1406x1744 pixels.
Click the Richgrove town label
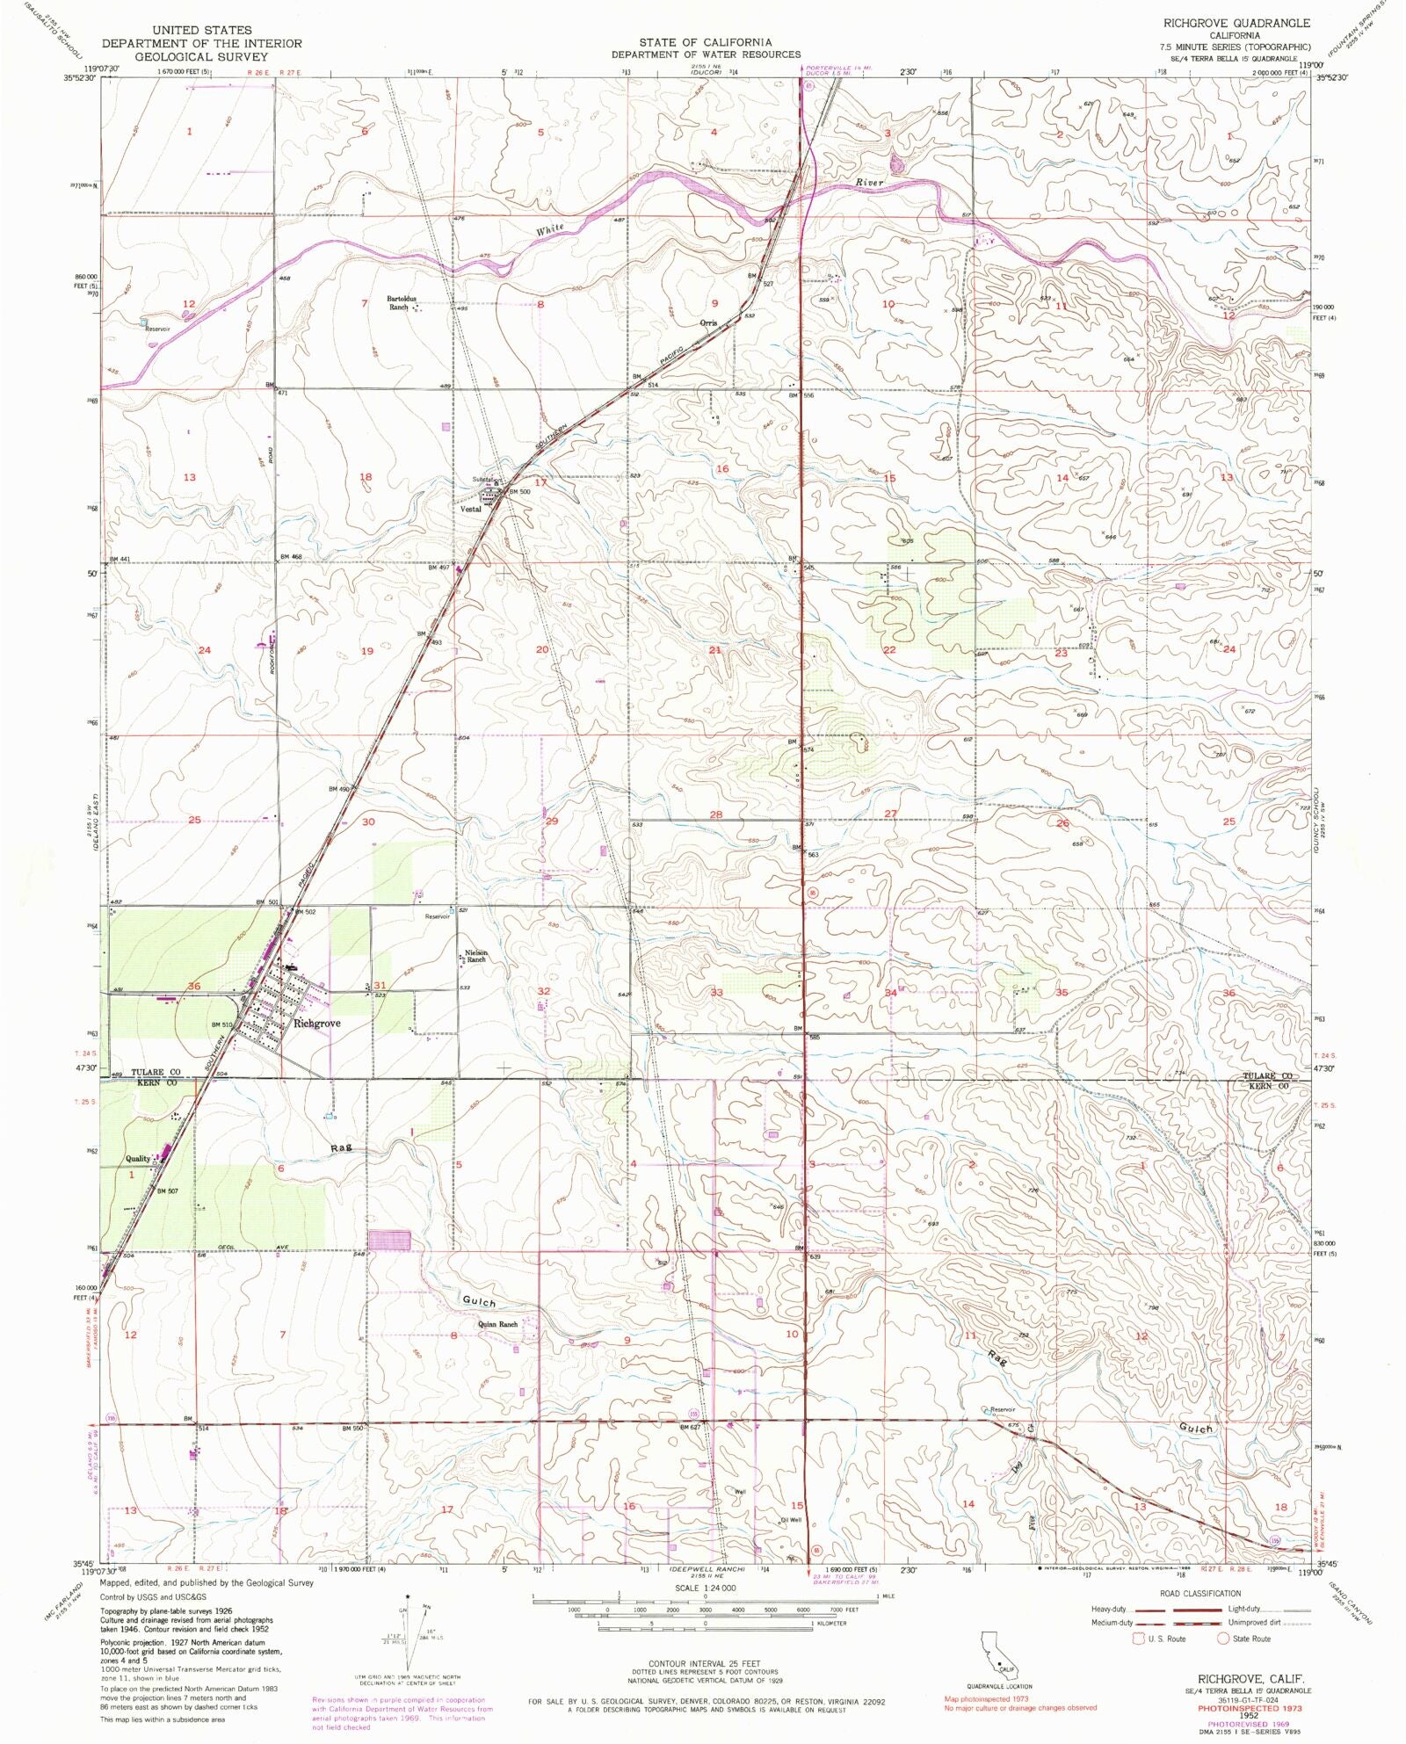click(316, 1024)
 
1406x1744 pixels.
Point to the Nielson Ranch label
click(476, 956)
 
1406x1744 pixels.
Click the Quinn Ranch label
click(497, 1324)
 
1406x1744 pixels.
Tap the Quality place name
click(138, 1158)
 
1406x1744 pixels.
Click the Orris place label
click(708, 322)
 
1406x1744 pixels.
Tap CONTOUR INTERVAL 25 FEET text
click(706, 1664)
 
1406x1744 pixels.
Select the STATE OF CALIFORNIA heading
click(706, 42)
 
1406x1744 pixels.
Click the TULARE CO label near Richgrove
click(156, 1073)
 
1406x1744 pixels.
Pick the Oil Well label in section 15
click(790, 1520)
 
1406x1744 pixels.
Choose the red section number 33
click(716, 992)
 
